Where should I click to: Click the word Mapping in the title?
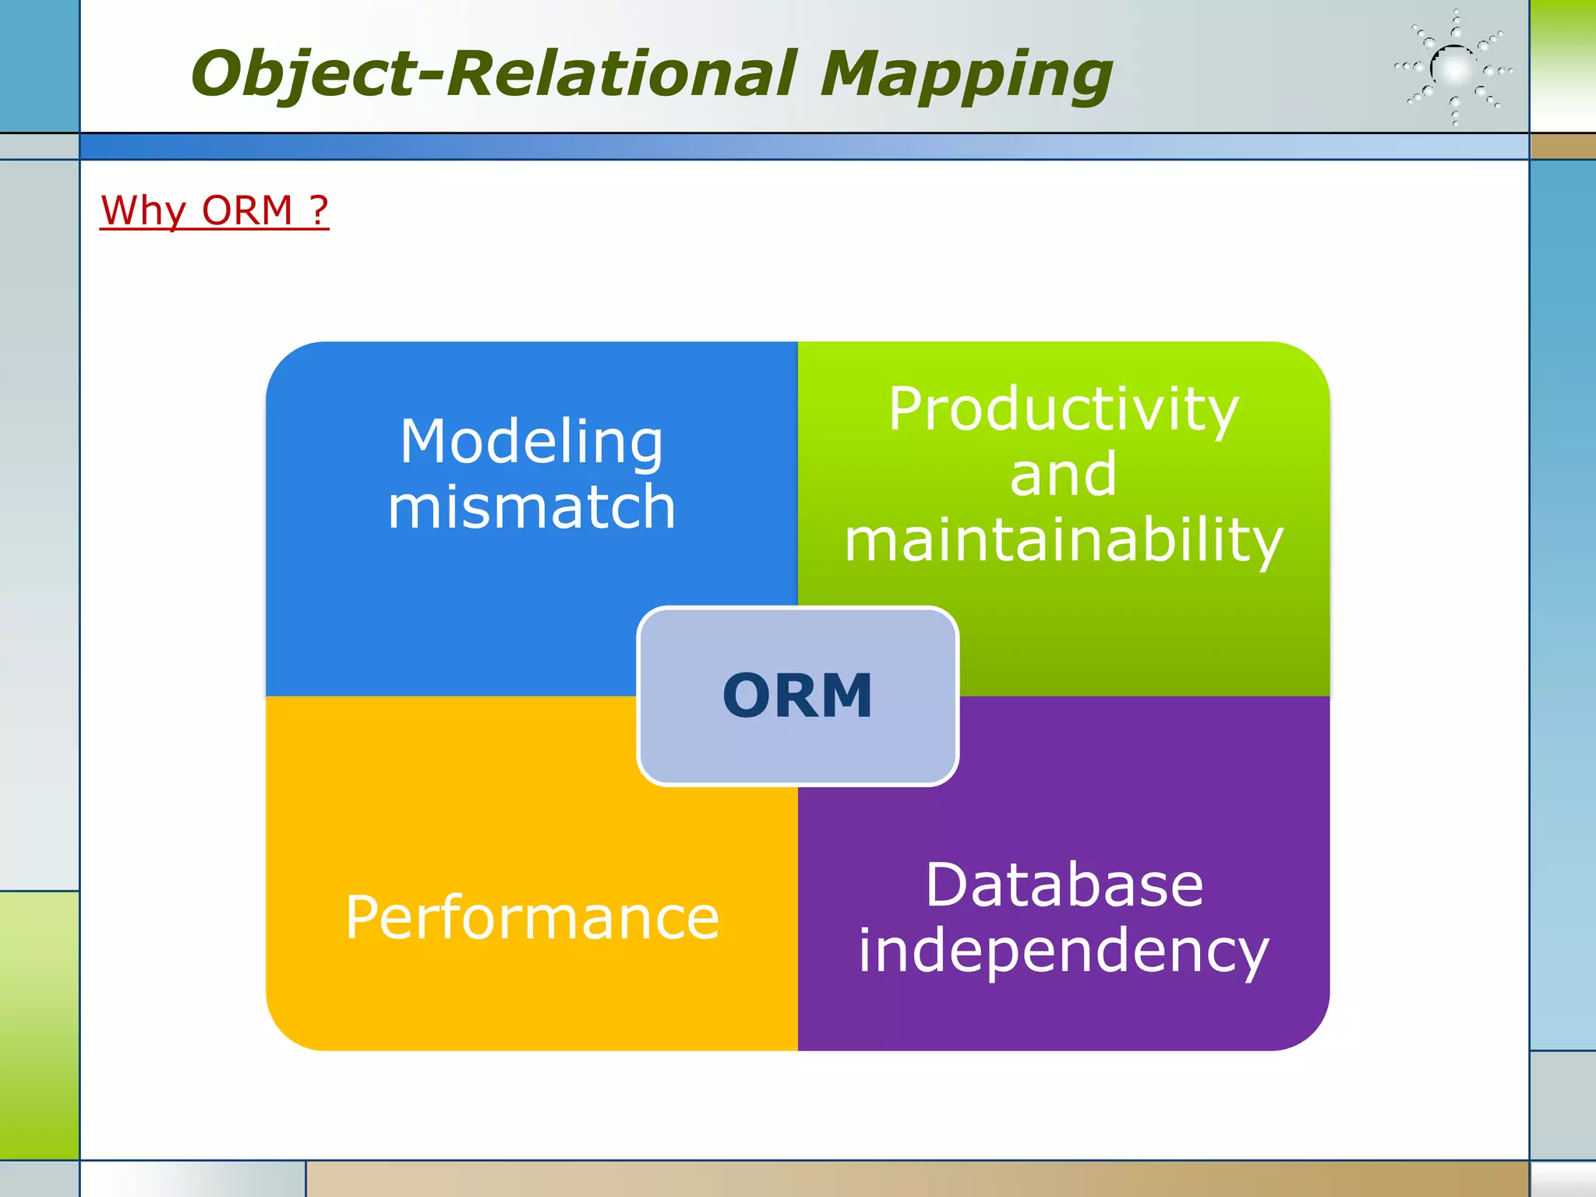[x=966, y=74]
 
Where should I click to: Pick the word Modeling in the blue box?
[x=531, y=441]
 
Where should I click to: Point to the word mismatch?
[x=531, y=507]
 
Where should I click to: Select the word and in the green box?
[x=1063, y=475]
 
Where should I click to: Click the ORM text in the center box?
[x=797, y=695]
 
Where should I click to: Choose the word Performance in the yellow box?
[x=531, y=918]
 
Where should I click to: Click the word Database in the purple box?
[x=1064, y=885]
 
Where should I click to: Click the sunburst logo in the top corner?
[x=1454, y=69]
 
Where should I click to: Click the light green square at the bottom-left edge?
[x=39, y=1025]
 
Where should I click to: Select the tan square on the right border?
[x=1562, y=147]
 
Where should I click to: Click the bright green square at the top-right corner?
[x=1562, y=65]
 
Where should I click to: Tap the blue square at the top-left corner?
[x=39, y=65]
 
